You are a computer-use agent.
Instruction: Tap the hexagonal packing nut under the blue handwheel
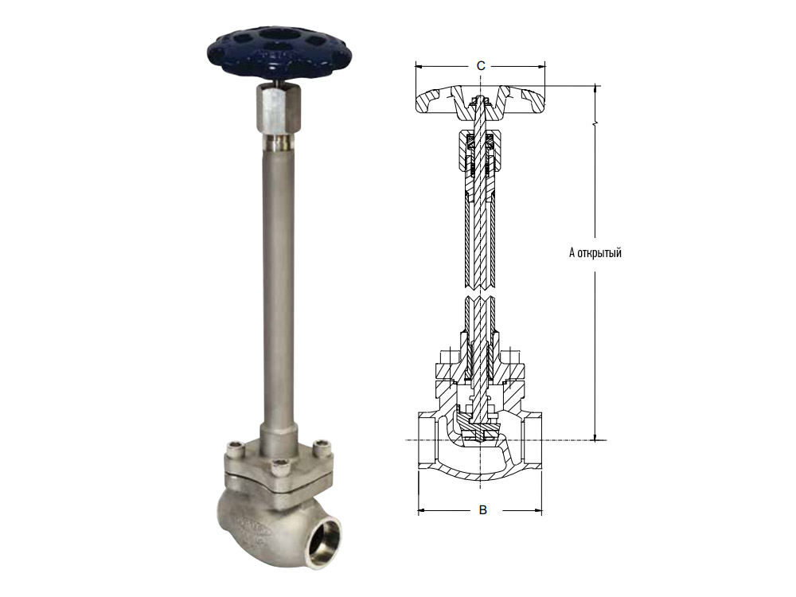tap(277, 110)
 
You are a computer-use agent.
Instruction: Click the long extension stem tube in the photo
tap(277, 284)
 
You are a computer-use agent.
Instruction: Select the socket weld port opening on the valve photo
tap(326, 540)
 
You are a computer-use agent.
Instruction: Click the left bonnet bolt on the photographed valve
tap(236, 448)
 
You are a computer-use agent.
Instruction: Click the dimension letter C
tap(480, 65)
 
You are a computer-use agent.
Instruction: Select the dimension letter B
tap(483, 509)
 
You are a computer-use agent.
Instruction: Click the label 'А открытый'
tap(595, 252)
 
